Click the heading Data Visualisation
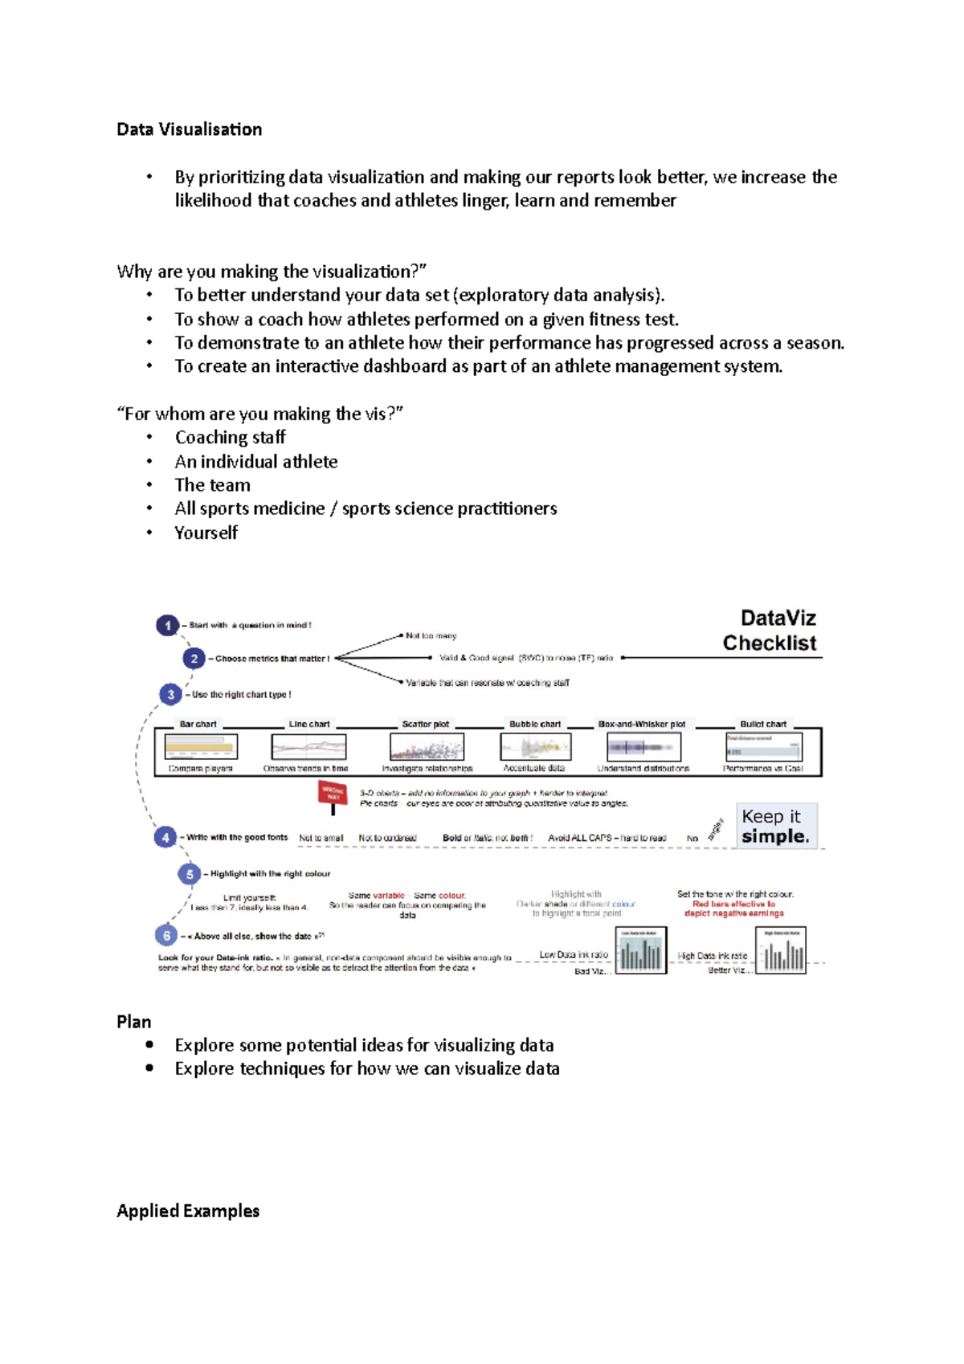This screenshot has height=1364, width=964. [190, 129]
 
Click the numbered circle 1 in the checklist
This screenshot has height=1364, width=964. [167, 625]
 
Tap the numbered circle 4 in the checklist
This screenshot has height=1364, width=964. [165, 837]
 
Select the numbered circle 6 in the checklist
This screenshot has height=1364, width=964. [166, 935]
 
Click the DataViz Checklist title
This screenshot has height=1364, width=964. [770, 631]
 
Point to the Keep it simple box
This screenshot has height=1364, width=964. [776, 826]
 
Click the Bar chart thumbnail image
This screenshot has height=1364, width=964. [201, 747]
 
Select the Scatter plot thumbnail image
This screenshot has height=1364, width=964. [427, 747]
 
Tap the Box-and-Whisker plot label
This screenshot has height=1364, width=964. [642, 724]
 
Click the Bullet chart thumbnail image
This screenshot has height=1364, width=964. [764, 747]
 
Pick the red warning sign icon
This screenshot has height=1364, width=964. [333, 794]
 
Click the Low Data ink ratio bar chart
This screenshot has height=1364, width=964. [641, 949]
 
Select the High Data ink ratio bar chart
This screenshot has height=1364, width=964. [781, 949]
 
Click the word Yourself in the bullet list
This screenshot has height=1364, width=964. [206, 533]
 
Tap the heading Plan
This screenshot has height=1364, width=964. [134, 1022]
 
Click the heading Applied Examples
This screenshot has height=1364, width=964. [188, 1211]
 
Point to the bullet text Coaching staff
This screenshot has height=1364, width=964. [231, 437]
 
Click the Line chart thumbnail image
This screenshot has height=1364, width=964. [309, 747]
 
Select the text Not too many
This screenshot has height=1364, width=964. [431, 635]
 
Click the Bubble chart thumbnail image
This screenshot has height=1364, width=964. [536, 747]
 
